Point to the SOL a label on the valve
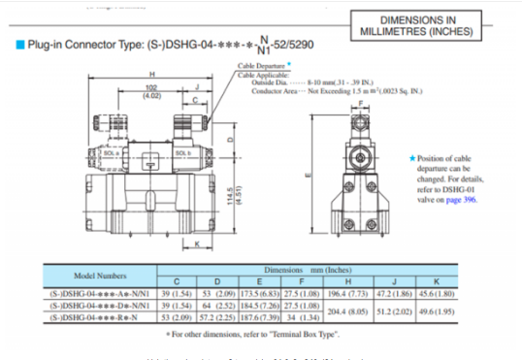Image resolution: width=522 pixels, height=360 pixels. click(112, 153)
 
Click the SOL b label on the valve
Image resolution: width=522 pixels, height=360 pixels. click(182, 152)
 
